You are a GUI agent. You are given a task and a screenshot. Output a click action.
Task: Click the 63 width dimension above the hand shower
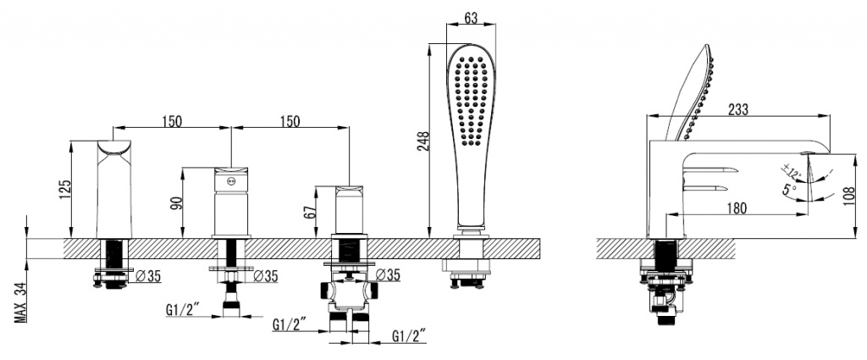tap(471, 17)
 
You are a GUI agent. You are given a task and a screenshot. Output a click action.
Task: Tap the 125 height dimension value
tap(65, 189)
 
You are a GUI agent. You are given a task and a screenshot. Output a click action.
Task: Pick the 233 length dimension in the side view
tap(738, 109)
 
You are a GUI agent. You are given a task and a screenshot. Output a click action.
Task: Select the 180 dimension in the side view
tap(736, 208)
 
